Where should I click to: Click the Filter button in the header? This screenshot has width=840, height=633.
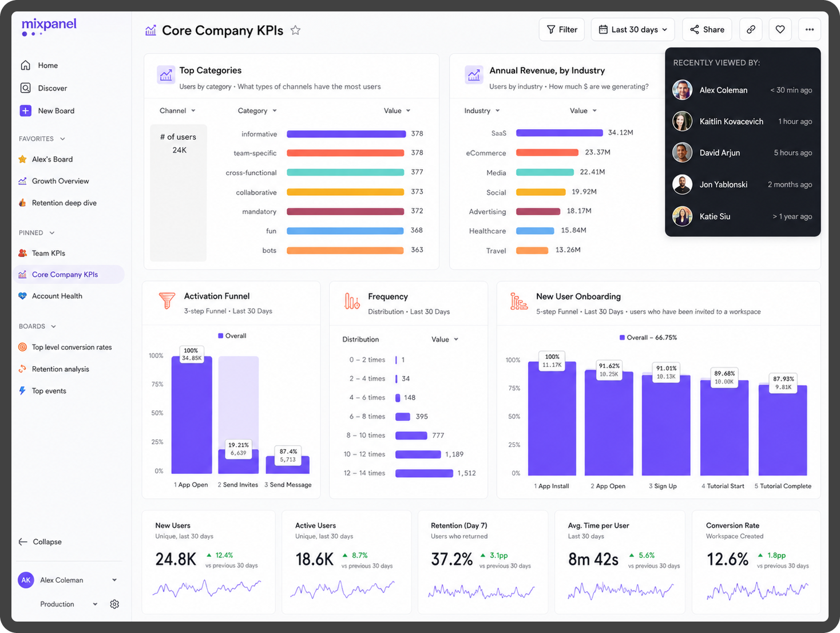[561, 29]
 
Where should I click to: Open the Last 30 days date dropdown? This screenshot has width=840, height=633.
[633, 29]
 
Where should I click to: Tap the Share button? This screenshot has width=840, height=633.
[707, 29]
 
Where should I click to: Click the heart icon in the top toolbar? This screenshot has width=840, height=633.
[780, 29]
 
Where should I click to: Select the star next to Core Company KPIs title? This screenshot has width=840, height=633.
[295, 30]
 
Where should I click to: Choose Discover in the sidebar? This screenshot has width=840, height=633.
[53, 88]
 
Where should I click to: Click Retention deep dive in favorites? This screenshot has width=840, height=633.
[64, 203]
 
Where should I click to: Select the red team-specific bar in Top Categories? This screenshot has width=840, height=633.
[345, 153]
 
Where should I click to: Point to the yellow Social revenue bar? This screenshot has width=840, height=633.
[541, 192]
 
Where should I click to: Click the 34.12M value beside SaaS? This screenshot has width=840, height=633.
[620, 132]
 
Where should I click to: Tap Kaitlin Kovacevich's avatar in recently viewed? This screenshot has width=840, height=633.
[682, 121]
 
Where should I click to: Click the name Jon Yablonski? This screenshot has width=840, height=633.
[723, 184]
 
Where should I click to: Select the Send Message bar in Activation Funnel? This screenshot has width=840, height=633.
[288, 465]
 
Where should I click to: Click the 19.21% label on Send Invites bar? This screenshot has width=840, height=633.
[239, 445]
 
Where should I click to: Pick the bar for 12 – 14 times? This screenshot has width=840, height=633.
[424, 473]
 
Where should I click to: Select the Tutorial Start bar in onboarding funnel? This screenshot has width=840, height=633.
[724, 427]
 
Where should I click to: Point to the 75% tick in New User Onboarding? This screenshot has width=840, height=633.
[514, 388]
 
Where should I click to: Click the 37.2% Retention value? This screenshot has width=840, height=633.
[451, 559]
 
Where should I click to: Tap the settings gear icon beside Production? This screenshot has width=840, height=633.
[114, 604]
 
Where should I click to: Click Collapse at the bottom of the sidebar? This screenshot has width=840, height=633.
[47, 541]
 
